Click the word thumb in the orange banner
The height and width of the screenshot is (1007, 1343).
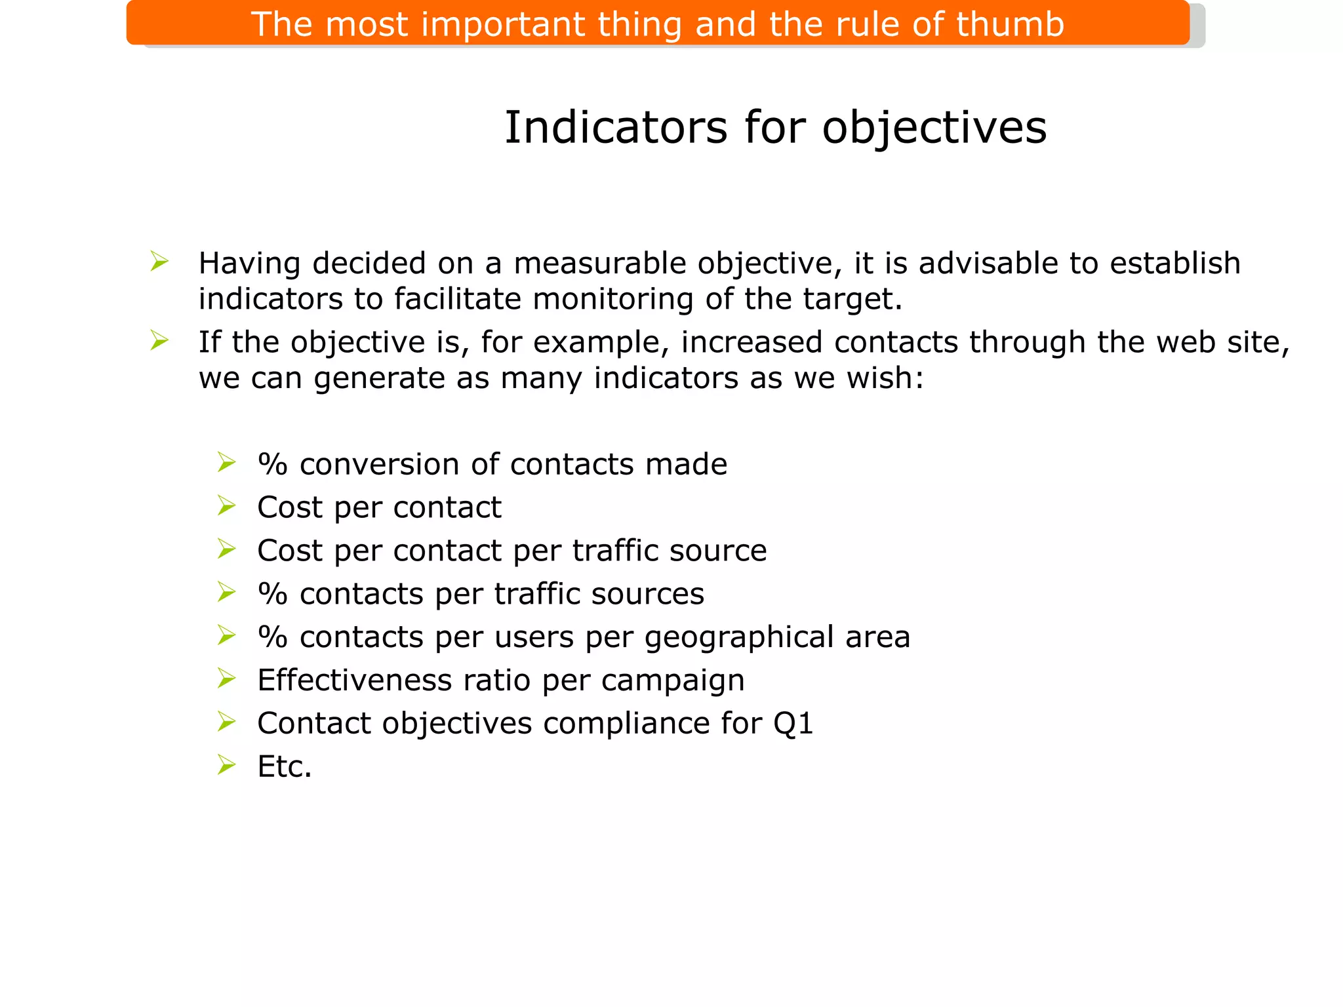(1009, 25)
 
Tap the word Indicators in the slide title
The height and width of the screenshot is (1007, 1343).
(616, 127)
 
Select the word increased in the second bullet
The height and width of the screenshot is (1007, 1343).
(752, 342)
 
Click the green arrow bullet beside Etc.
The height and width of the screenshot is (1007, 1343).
(226, 765)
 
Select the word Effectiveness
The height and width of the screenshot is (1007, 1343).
(354, 681)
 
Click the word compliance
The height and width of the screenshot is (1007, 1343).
(626, 724)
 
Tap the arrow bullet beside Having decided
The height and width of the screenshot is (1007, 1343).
(159, 262)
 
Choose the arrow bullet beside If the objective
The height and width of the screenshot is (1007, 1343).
(159, 341)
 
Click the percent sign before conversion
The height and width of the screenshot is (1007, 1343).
(273, 465)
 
